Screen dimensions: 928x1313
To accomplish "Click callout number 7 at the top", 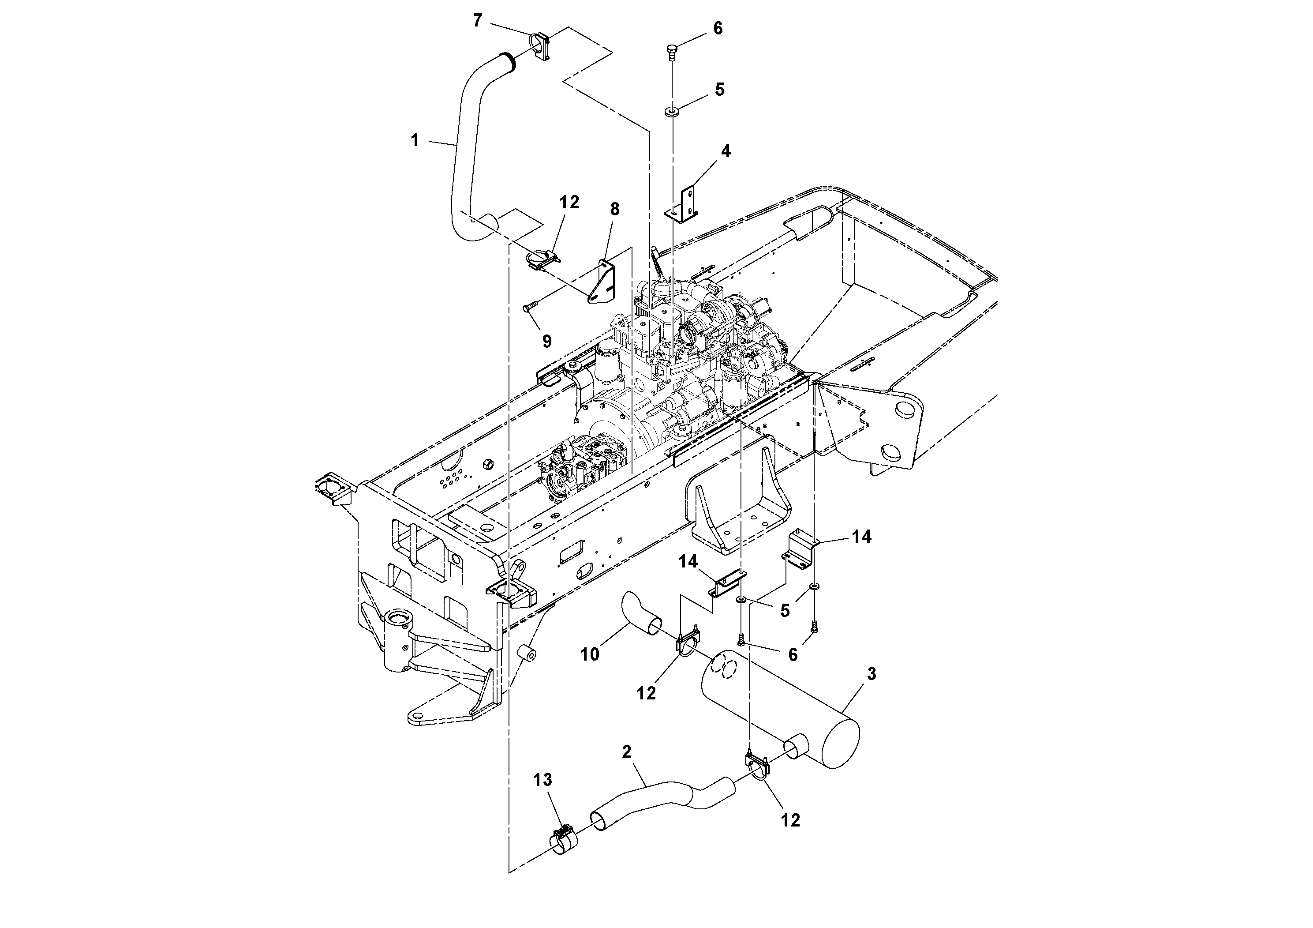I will [x=478, y=21].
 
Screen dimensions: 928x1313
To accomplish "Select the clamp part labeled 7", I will [x=139, y=47].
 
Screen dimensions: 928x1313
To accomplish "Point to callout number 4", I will [x=726, y=151].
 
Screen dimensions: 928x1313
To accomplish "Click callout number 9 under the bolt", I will [x=547, y=342].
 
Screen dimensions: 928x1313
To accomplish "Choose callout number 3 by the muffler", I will [x=871, y=674].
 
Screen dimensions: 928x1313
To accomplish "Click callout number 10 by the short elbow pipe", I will [x=590, y=654].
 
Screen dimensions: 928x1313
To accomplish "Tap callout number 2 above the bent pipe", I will [x=626, y=752].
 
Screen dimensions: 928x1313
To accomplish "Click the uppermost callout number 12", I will [x=569, y=202].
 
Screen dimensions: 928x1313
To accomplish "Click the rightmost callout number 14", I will [x=861, y=536].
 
